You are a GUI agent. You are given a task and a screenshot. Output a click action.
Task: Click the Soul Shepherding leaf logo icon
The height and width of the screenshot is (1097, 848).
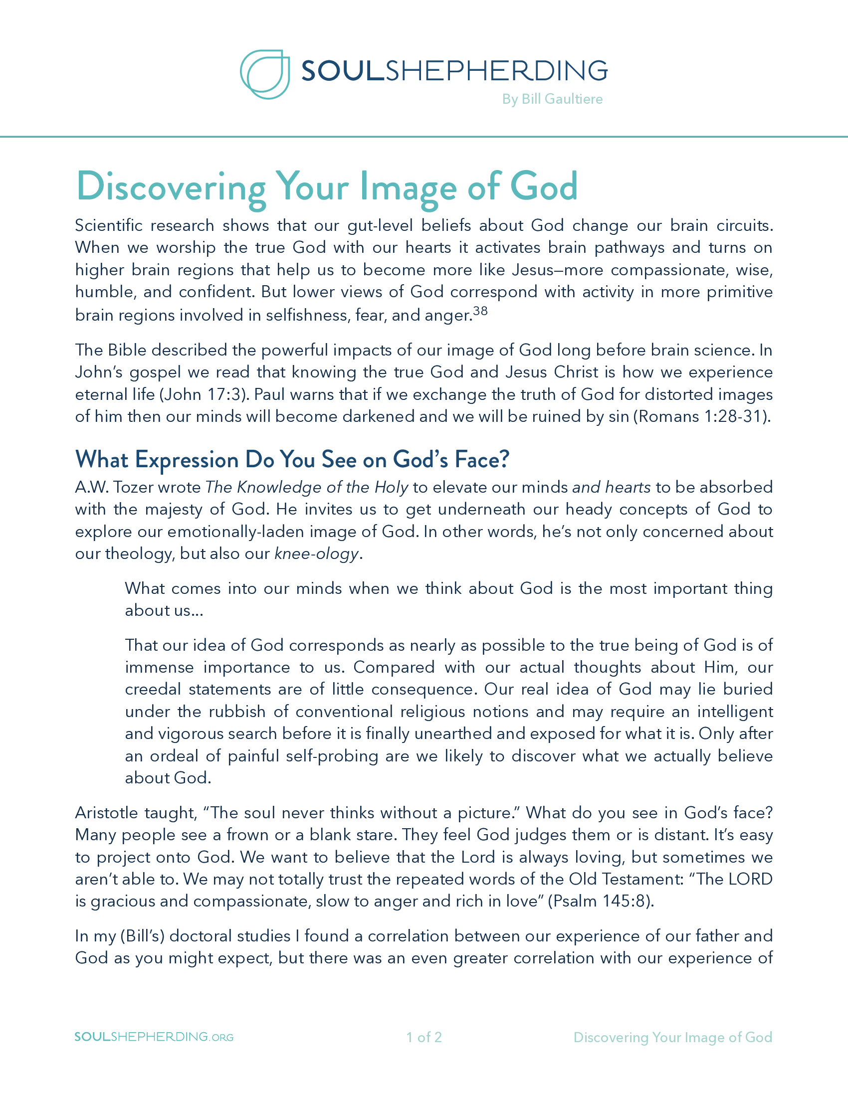point(265,74)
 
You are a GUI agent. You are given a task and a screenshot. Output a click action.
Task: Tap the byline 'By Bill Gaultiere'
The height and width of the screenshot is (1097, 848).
point(552,99)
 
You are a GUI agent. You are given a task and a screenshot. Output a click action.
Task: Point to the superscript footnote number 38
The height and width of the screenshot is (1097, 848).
point(480,311)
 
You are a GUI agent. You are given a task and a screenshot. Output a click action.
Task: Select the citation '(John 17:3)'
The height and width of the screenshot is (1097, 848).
point(204,394)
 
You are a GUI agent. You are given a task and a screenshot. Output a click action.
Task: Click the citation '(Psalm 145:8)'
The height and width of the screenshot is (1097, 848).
point(600,901)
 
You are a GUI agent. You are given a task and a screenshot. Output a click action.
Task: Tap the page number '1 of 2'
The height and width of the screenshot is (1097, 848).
point(424,1037)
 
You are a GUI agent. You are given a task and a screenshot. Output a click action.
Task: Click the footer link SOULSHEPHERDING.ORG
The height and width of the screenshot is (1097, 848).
point(154,1037)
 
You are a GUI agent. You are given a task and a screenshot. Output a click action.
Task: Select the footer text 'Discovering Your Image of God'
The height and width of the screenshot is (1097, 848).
point(673,1037)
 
